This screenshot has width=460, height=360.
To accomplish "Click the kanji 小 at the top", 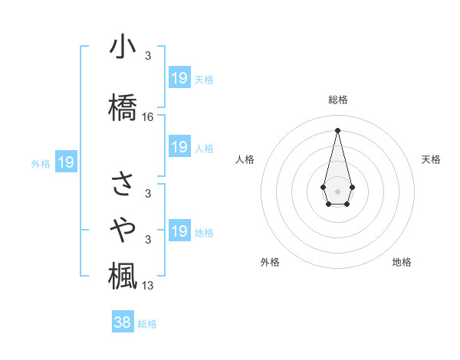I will coord(123,48).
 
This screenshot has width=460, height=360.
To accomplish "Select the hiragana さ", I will coord(123,183).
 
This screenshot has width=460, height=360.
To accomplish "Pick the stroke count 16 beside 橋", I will coord(148,117).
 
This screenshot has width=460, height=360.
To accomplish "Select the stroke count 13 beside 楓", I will coord(148,286).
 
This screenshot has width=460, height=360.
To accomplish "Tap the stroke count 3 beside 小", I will coord(148,56).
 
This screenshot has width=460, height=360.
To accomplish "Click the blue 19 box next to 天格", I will coord(179,77).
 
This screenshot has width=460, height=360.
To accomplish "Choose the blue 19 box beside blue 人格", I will coord(179,147).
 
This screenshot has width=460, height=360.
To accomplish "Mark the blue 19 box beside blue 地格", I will coord(179,231).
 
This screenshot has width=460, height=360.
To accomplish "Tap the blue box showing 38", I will coord(123,322).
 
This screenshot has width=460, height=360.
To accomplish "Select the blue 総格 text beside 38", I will coord(147,324).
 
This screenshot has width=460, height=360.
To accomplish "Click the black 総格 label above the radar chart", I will coord(337,100).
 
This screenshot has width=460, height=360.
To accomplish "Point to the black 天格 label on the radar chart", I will coord(432,159).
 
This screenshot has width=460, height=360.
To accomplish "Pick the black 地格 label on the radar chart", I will coord(402,262).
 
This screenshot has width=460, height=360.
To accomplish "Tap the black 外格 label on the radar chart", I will coord(270,262).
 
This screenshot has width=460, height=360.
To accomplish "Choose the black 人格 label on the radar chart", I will coord(245,159).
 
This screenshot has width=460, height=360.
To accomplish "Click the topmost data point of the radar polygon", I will coord(337,129).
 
